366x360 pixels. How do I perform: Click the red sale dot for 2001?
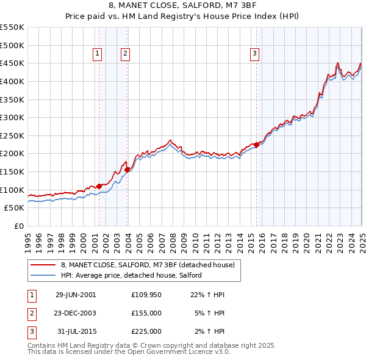pyautogui.click(x=99, y=186)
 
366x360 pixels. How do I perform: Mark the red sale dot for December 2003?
pyautogui.click(x=127, y=170)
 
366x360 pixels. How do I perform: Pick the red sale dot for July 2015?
pyautogui.click(x=257, y=145)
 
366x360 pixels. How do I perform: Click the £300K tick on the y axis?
pyautogui.click(x=13, y=117)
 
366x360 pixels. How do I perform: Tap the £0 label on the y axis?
pyautogui.click(x=19, y=226)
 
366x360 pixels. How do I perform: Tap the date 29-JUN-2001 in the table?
pyautogui.click(x=76, y=295)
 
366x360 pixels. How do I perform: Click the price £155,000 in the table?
pyautogui.click(x=146, y=313)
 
